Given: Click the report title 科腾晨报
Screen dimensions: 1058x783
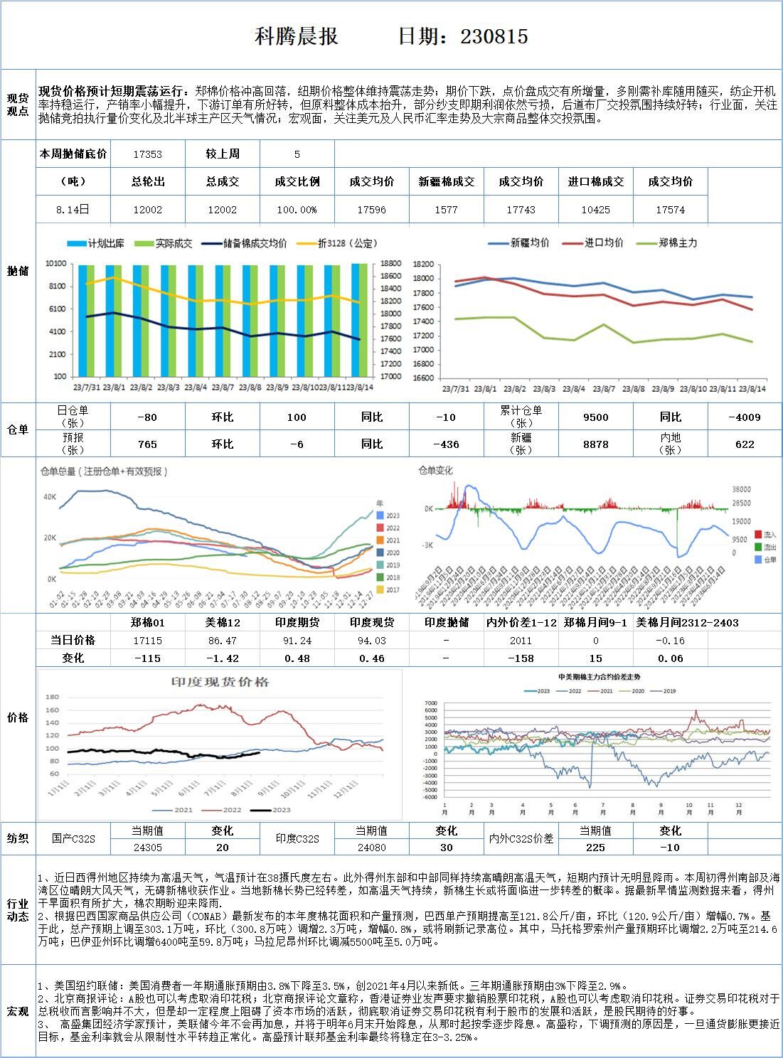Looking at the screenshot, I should point(297,37).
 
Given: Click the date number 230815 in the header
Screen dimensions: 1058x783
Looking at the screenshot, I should point(494,37).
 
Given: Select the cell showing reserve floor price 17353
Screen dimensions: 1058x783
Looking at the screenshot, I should point(148,154).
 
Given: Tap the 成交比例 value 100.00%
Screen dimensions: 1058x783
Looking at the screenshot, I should point(297,210).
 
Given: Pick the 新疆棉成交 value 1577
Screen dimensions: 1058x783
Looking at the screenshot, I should point(446,210).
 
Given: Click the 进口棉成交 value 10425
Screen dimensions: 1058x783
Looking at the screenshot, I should point(595,210).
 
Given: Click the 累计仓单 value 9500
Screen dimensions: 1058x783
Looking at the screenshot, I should point(595,417).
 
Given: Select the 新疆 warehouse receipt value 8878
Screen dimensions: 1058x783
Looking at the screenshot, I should point(595,444).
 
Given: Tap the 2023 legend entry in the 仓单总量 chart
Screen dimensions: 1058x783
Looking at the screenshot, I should point(392,515).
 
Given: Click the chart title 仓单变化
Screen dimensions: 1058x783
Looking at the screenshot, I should point(435,471).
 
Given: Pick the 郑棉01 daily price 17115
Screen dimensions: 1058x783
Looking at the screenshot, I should point(148,641).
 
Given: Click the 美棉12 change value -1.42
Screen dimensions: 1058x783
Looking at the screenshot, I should point(223,658).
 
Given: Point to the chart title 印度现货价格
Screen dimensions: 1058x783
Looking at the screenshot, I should point(220,682).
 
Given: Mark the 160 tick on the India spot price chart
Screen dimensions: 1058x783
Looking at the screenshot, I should point(53,710).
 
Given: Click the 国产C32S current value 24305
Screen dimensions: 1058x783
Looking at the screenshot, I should point(148,848).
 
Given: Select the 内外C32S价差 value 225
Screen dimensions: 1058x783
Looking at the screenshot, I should point(595,848).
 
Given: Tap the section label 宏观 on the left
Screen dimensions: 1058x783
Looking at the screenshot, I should point(18,1011).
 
